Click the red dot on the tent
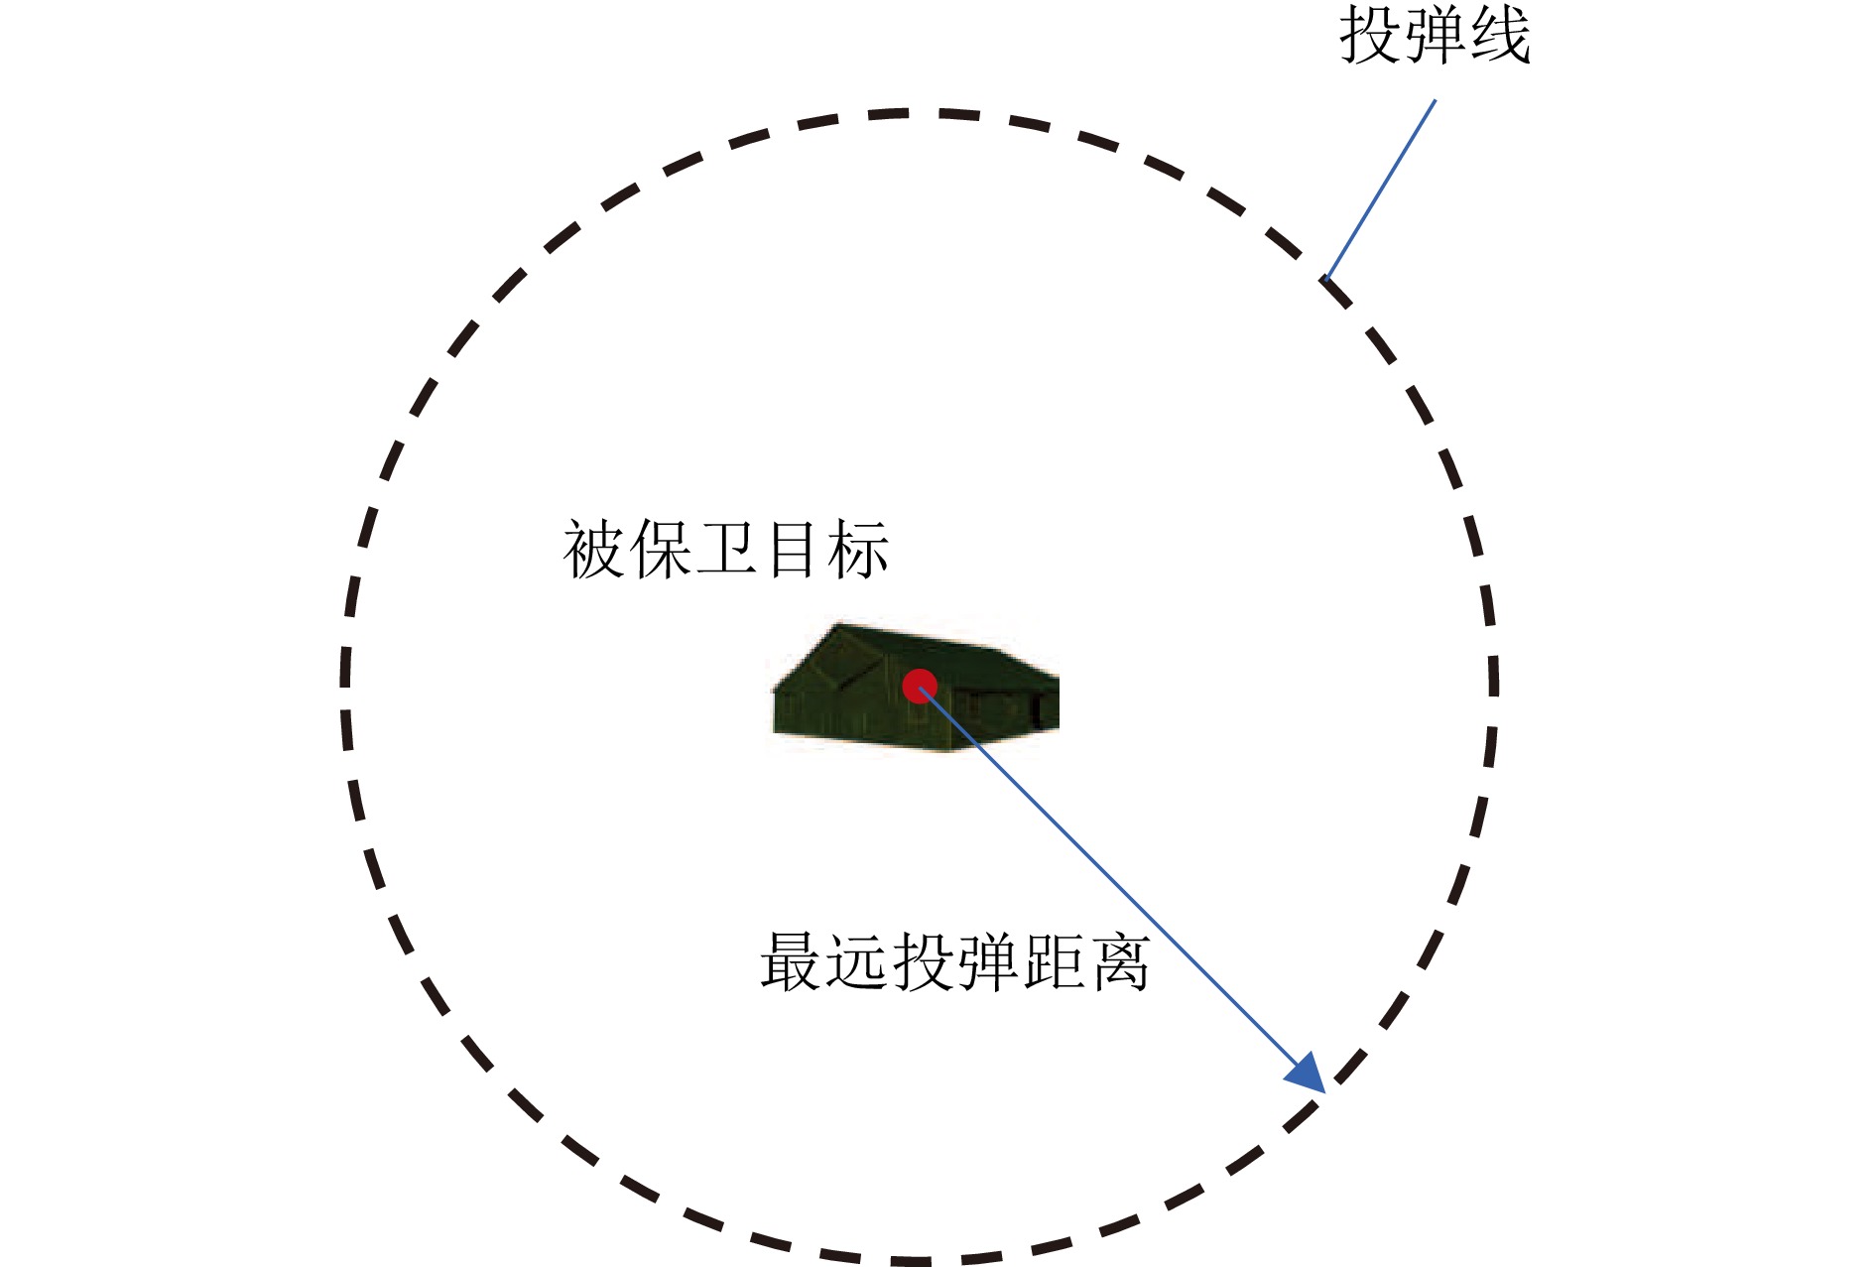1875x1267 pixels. click(x=920, y=686)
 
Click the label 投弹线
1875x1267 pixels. click(x=1435, y=36)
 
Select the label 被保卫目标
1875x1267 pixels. click(x=725, y=549)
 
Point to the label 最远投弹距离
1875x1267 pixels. click(x=954, y=961)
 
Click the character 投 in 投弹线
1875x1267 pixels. click(x=1371, y=36)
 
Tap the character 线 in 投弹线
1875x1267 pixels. click(x=1500, y=36)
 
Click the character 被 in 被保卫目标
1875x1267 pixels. click(x=594, y=549)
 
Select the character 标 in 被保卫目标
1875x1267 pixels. click(x=857, y=549)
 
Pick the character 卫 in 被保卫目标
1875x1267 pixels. click(x=726, y=549)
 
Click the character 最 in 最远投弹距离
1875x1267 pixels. click(x=792, y=961)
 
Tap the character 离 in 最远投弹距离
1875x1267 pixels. click(x=1119, y=961)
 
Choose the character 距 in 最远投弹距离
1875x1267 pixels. click(x=1054, y=961)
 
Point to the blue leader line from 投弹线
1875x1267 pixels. click(x=1380, y=190)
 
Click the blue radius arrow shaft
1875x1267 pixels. click(x=1114, y=881)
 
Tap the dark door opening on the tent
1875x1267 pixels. click(x=1040, y=710)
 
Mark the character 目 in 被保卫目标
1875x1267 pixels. click(x=792, y=549)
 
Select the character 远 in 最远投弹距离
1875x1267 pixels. click(x=857, y=961)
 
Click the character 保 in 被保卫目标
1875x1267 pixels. click(x=661, y=549)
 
